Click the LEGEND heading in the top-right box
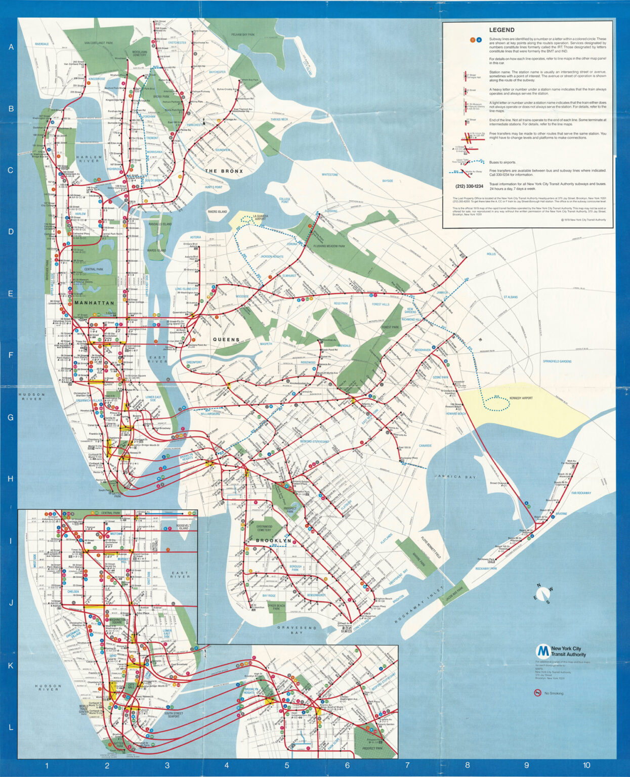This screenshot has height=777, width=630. (501, 30)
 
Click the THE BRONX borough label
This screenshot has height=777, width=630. (224, 171)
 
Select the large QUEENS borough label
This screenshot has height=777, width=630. (226, 339)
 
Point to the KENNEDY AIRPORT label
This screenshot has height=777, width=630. (521, 398)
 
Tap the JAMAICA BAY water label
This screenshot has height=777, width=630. (455, 477)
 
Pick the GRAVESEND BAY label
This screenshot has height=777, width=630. (297, 630)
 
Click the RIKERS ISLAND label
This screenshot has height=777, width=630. (218, 211)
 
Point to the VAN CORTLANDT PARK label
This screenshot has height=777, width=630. (98, 44)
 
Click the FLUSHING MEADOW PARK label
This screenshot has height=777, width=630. (329, 246)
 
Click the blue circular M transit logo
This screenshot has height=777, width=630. (543, 651)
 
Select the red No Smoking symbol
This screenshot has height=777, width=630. (537, 693)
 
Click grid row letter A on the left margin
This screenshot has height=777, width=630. (10, 47)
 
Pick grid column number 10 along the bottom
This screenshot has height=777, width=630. (586, 765)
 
